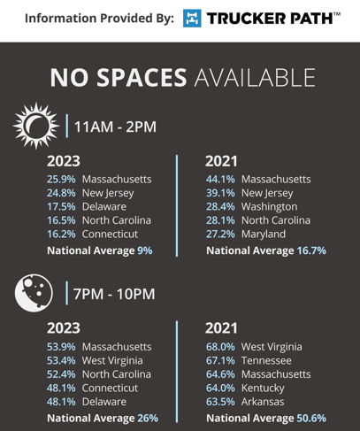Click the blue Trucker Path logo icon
point(192,18)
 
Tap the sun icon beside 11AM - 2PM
point(35,126)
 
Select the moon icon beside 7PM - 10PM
point(34,293)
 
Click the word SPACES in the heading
point(142,78)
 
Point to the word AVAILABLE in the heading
point(255,78)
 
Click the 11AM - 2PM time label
point(115,127)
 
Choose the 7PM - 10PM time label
point(114,294)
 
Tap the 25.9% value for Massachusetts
point(61,179)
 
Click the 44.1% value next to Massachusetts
point(220,179)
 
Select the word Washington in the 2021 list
point(269,207)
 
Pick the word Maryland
point(264,235)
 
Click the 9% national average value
point(145,250)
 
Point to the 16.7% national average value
point(311,250)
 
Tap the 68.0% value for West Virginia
point(220,347)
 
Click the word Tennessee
point(266,360)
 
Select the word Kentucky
point(263,389)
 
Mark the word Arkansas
point(263,402)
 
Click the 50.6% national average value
point(311,418)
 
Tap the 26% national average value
point(148,418)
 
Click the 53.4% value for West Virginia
point(61,360)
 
